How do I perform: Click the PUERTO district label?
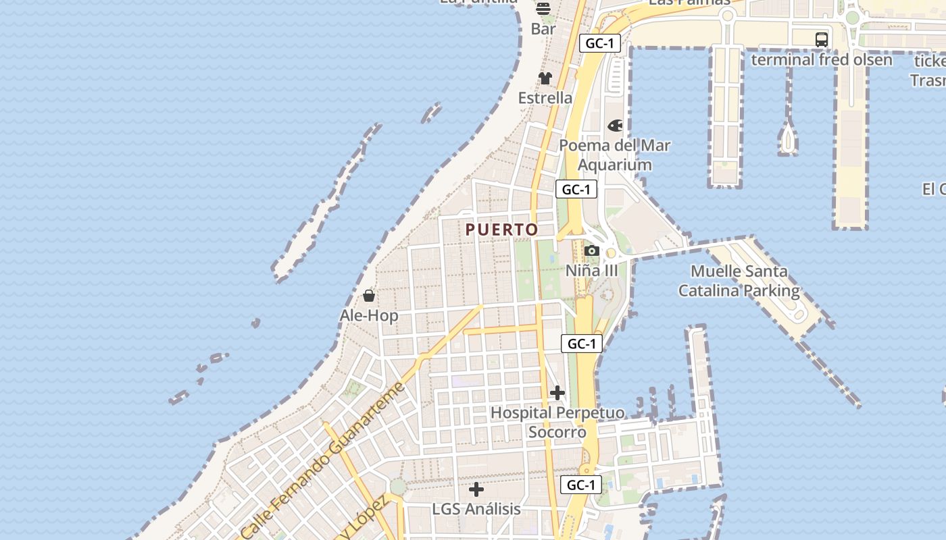coord(501,230)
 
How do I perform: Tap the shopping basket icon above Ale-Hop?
coord(369,296)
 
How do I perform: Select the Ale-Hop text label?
coord(369,315)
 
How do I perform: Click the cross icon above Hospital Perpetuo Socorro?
coord(557,392)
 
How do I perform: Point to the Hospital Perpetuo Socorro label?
coord(557,422)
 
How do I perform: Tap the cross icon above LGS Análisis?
coord(476,489)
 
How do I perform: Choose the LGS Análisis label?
coord(476,509)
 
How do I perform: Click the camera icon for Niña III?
coord(592,251)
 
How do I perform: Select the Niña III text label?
coord(592,271)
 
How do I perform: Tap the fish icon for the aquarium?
coord(615,126)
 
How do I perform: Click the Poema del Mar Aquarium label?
coord(615,155)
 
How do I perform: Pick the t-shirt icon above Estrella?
coord(545,78)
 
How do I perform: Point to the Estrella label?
coord(545,98)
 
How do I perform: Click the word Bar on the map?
coord(543,29)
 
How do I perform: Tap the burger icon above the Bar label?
coord(543,9)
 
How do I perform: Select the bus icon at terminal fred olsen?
coord(822,40)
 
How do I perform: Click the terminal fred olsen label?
coord(822,59)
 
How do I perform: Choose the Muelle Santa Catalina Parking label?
coord(739,281)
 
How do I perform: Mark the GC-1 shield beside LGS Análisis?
coord(581,485)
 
